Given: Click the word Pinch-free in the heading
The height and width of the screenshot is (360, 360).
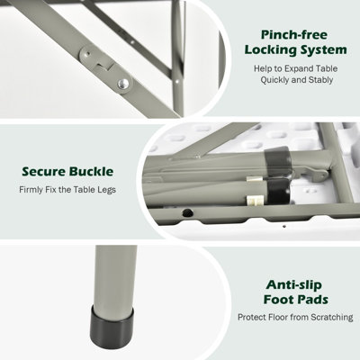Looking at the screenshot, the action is tap(294, 35).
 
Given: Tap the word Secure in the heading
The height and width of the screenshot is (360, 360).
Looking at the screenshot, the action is tap(44, 172).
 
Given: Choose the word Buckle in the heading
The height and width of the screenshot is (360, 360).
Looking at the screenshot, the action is tap(92, 172).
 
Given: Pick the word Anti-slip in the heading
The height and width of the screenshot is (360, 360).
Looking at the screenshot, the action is tap(294, 284).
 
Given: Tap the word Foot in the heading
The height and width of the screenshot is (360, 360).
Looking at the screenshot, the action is tap(278, 300).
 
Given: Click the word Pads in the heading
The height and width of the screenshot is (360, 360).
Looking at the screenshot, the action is tap(313, 300).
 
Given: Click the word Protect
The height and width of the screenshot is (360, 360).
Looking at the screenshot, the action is tap(252, 317).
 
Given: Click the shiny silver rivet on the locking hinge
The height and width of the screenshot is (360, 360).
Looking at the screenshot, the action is tap(123, 84).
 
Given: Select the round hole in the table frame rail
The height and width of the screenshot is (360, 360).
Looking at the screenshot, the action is tap(187, 213).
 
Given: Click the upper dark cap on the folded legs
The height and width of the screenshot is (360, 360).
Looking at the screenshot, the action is tap(277, 162).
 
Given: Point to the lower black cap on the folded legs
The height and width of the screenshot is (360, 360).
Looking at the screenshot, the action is tap(279, 191).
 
